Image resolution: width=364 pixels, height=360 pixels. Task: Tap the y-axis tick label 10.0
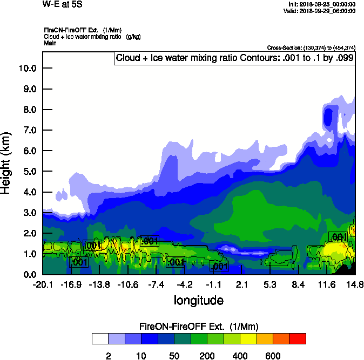click(27, 68)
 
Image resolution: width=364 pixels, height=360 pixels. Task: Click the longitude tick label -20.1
click(42, 284)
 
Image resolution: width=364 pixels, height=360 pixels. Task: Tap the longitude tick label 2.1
click(241, 284)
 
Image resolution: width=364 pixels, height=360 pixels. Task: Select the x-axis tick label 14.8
click(355, 284)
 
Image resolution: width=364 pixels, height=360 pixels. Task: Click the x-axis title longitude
click(198, 300)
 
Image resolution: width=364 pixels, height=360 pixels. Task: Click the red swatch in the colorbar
click(298, 338)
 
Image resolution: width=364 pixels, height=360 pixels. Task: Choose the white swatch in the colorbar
click(99, 338)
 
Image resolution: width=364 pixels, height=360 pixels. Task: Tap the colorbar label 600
click(273, 356)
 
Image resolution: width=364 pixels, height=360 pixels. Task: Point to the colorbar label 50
click(174, 356)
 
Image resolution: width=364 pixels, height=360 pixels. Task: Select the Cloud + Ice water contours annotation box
click(234, 58)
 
